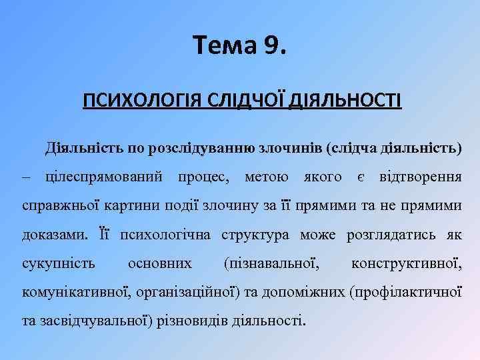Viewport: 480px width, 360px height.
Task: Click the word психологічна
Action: [166, 235]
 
